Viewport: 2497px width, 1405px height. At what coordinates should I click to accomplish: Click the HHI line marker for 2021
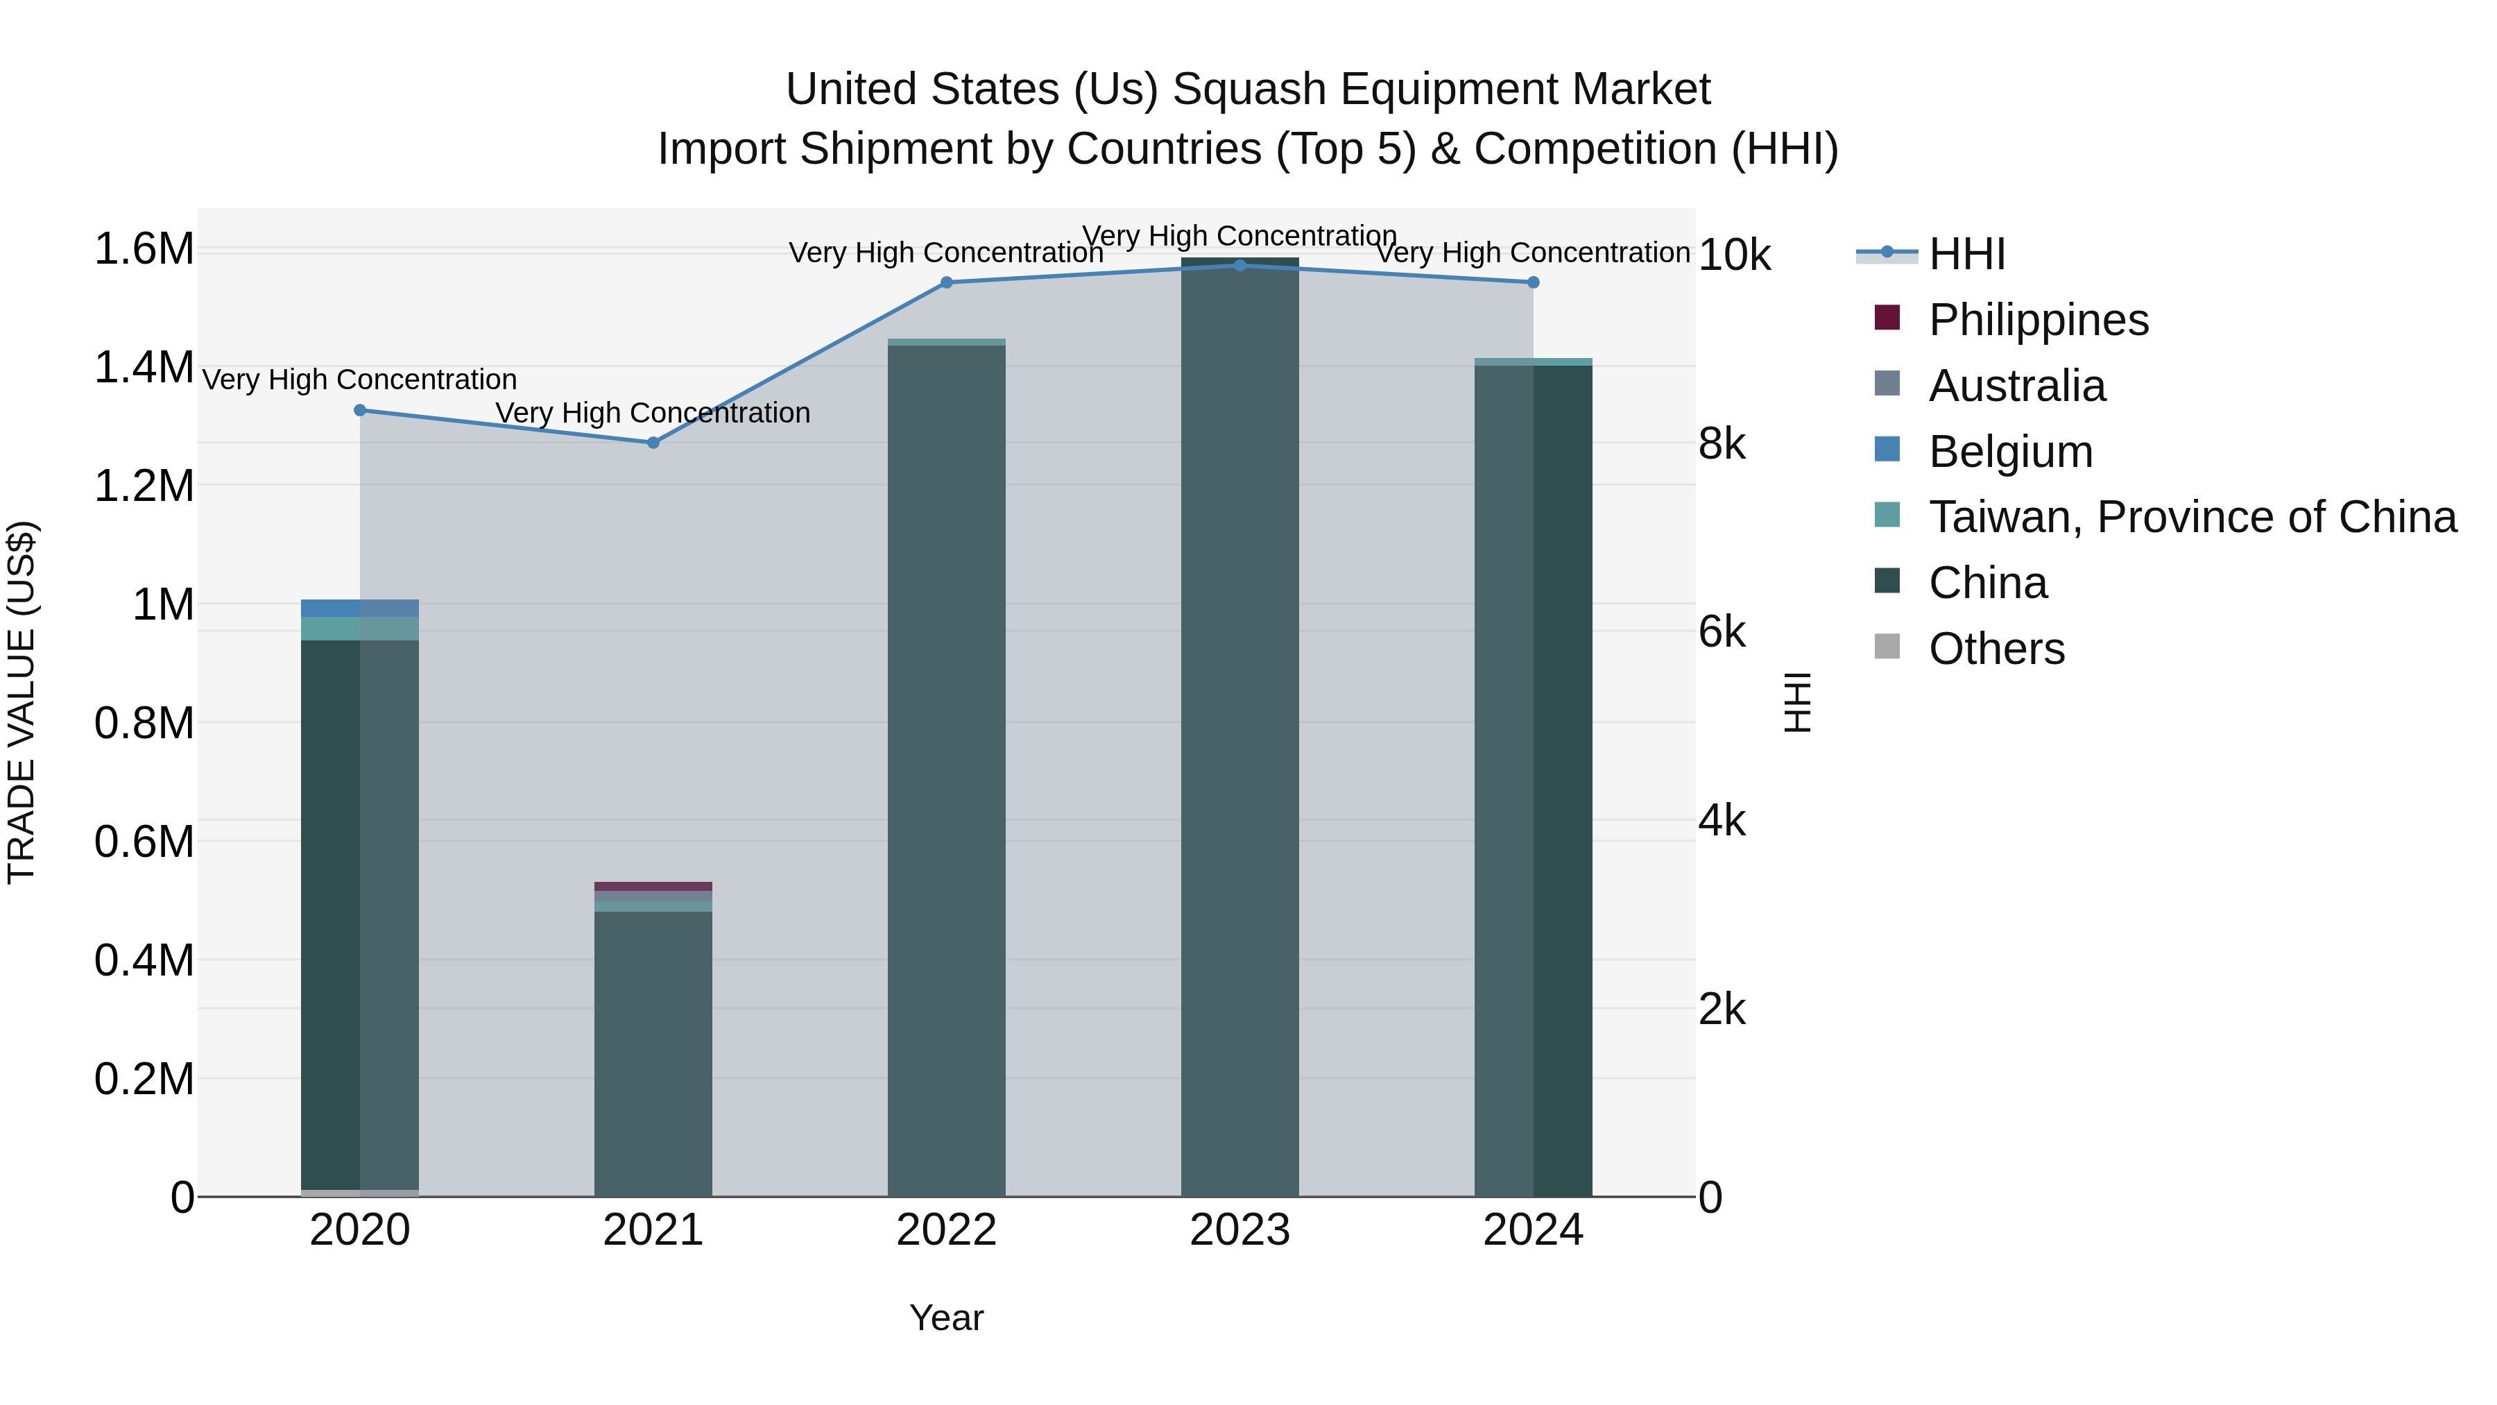653,442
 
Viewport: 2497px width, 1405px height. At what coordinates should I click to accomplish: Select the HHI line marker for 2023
1239,265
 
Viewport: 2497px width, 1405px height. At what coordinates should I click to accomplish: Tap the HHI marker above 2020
359,410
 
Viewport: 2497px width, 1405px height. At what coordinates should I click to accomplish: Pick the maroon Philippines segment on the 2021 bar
653,886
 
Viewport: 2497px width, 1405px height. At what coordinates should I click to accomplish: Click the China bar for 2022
946,776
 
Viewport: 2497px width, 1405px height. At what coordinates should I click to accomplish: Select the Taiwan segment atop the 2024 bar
1532,361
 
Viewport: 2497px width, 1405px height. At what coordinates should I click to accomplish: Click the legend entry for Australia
2016,386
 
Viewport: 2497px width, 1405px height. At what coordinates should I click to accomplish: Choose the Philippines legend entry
2038,320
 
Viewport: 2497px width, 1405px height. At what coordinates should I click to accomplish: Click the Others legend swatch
1887,647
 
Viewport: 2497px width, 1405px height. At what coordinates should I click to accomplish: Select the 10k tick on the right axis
1734,255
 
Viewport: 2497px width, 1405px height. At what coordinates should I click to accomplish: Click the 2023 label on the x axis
1239,1230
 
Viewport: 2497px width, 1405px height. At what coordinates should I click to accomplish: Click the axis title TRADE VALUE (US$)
22,702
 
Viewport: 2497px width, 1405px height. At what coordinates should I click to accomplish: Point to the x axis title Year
946,1318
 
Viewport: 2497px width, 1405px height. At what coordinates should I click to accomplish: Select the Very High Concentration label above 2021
653,413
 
